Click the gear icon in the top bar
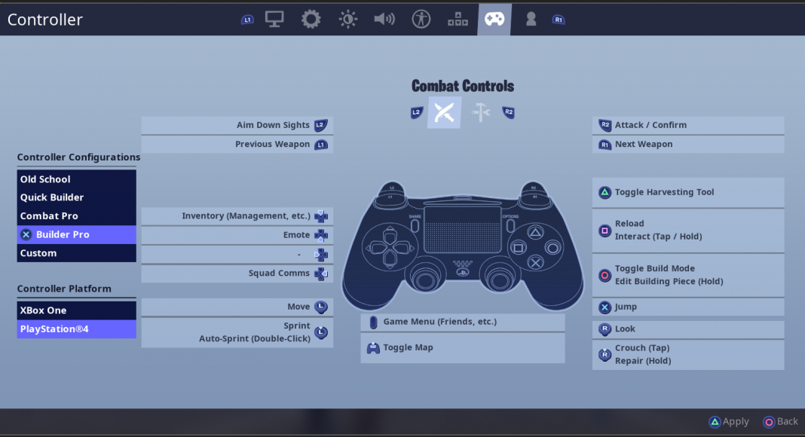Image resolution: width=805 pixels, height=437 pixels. tap(311, 20)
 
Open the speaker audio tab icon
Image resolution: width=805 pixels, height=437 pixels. tap(384, 20)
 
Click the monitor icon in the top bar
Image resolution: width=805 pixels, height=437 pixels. tap(274, 20)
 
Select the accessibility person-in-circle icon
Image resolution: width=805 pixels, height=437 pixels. tap(421, 20)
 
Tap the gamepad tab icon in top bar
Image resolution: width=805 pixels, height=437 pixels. tap(494, 20)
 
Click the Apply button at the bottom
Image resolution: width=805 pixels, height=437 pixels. tap(729, 422)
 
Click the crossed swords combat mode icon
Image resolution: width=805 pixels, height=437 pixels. tap(444, 112)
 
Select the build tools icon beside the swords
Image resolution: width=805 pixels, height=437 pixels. tap(481, 112)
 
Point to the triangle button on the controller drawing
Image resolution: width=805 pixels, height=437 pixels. tap(535, 233)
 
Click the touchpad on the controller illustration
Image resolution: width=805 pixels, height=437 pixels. tap(463, 229)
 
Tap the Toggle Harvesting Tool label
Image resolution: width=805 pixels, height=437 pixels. tap(664, 192)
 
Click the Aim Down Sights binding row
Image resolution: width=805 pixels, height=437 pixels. tap(237, 125)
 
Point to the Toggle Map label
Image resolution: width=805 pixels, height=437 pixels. tap(408, 347)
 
